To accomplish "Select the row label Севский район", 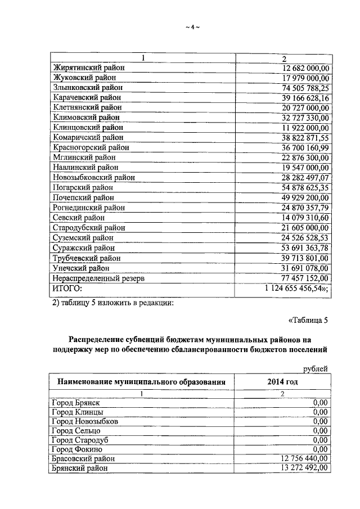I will pos(78,218).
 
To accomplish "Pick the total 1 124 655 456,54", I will pos(296,288).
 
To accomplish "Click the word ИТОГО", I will pos(67,288).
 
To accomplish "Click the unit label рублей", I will pos(315,368).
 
